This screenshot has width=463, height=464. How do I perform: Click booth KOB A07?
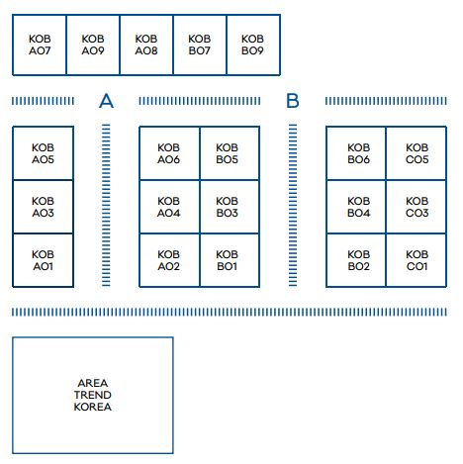point(40,45)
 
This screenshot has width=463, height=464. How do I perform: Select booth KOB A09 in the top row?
point(93,45)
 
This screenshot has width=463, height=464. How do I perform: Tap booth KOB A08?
point(146,45)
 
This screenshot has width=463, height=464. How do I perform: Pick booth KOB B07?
point(200,45)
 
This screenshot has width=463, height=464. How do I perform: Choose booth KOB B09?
point(253,45)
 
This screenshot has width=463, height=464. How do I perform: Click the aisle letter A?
point(106,101)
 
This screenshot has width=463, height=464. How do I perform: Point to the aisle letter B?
point(293,101)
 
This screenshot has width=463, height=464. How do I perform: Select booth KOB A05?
point(43,153)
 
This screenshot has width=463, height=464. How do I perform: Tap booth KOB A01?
point(43,260)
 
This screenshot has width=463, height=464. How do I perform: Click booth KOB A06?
point(169,153)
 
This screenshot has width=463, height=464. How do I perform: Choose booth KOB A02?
point(169,260)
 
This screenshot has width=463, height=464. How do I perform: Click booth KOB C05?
point(417,153)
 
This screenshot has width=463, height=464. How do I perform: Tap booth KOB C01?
point(417,260)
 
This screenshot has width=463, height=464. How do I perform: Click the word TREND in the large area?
point(93,395)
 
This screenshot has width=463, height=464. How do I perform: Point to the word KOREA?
point(93,407)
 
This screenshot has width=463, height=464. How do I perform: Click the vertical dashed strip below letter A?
point(106,205)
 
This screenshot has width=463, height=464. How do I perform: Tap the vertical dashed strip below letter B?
point(293,205)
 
